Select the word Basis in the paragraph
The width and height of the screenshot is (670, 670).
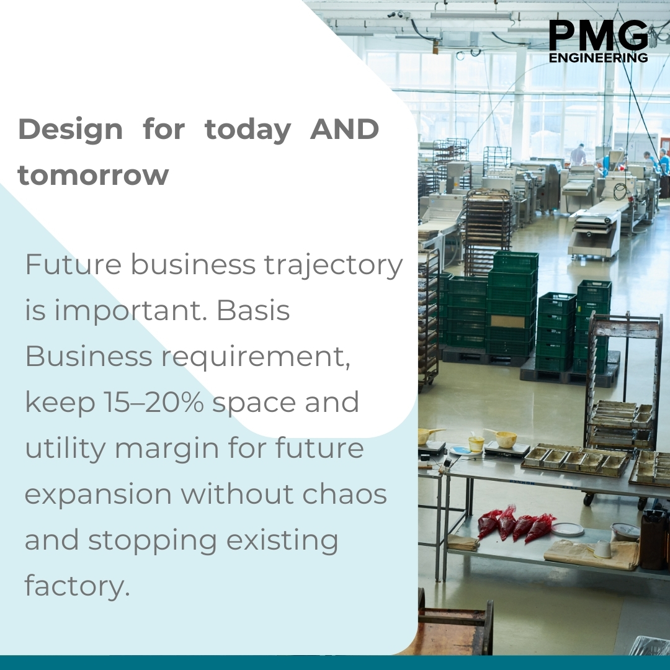coord(252,311)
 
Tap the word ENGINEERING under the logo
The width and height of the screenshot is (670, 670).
coord(598,58)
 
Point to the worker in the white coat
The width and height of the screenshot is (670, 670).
coord(578,155)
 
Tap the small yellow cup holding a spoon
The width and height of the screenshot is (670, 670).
coord(476,443)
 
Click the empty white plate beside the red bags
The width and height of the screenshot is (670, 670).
coord(567,529)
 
